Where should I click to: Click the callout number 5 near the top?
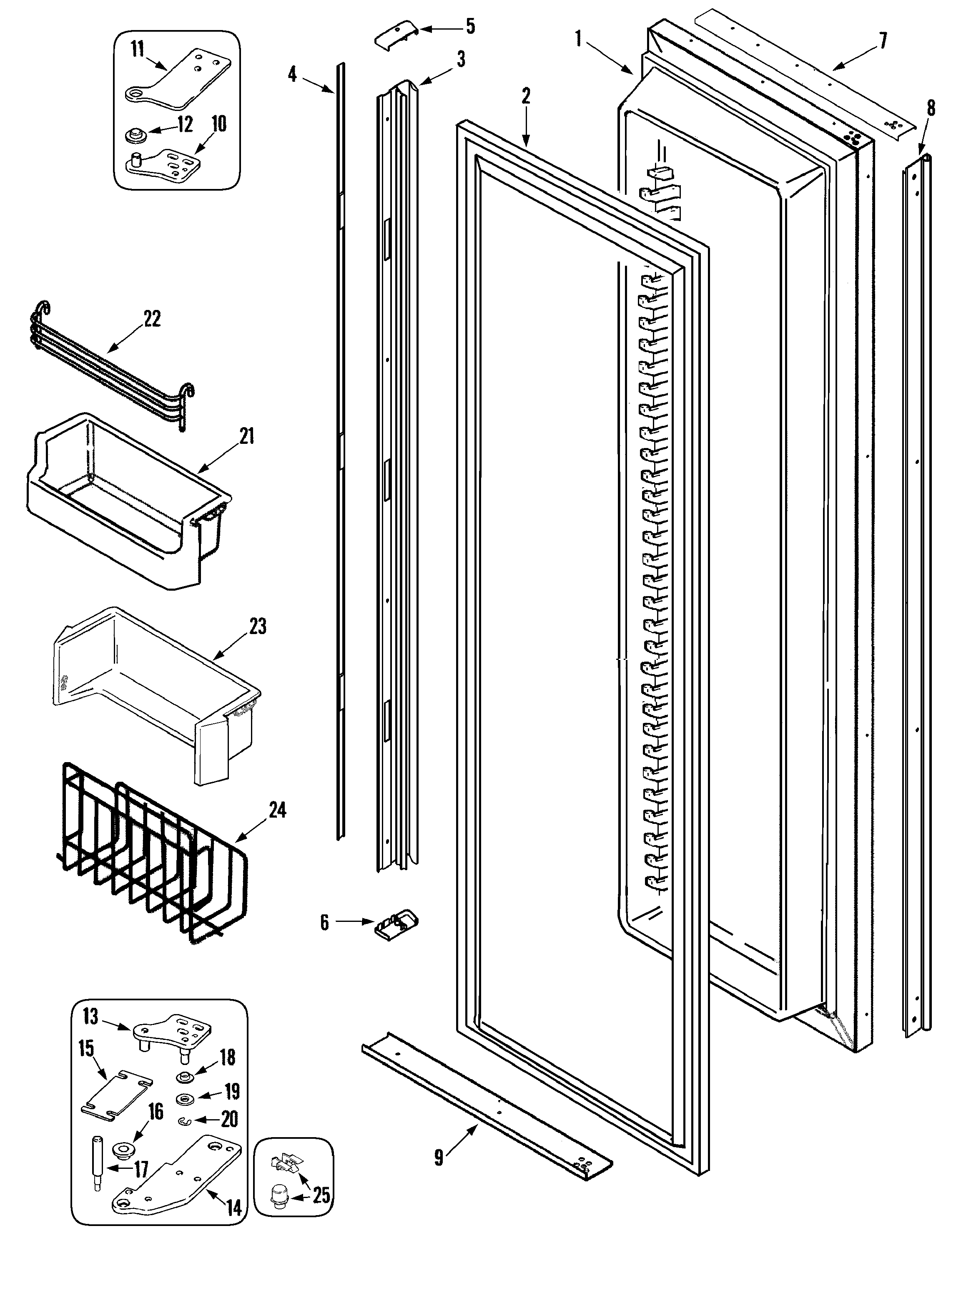(x=469, y=26)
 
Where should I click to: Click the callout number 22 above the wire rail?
(x=151, y=319)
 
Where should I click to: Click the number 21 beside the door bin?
(x=247, y=436)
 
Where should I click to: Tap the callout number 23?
(x=258, y=627)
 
